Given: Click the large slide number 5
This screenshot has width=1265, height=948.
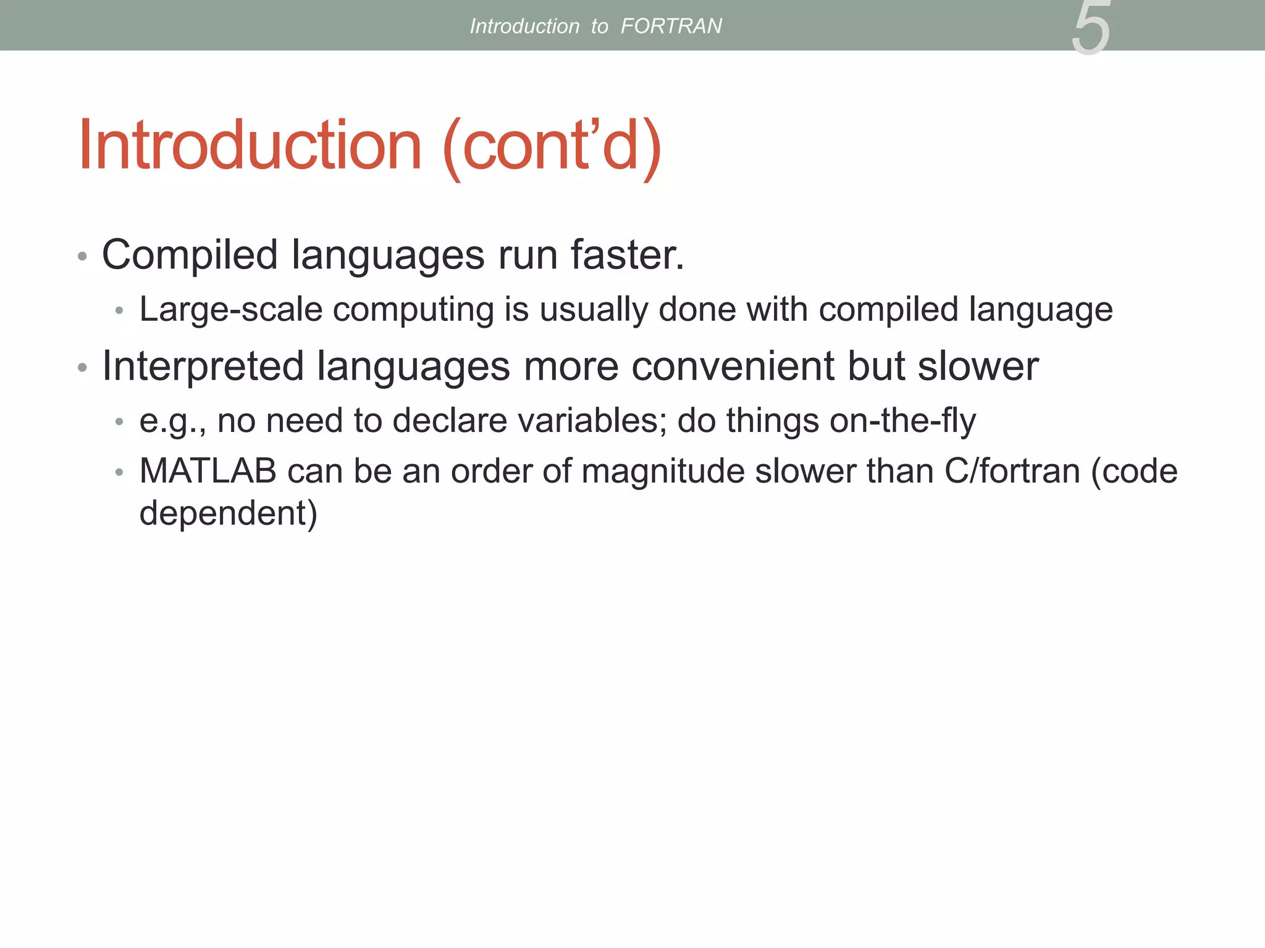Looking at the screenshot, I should click(1091, 28).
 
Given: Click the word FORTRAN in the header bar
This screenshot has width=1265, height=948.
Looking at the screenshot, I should click(671, 26).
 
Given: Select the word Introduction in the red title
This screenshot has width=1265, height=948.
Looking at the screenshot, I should click(250, 146).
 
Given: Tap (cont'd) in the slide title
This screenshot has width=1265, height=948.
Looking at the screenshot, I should click(552, 147).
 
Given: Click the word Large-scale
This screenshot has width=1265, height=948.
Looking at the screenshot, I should click(231, 310).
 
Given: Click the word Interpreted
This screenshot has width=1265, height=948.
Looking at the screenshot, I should click(203, 367).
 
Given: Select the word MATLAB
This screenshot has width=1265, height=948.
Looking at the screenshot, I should click(208, 472).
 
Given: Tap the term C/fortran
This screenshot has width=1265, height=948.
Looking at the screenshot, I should click(1012, 472).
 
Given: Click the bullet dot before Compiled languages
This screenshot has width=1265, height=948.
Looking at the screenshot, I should click(82, 256).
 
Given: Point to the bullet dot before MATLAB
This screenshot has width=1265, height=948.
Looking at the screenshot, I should click(119, 473).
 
